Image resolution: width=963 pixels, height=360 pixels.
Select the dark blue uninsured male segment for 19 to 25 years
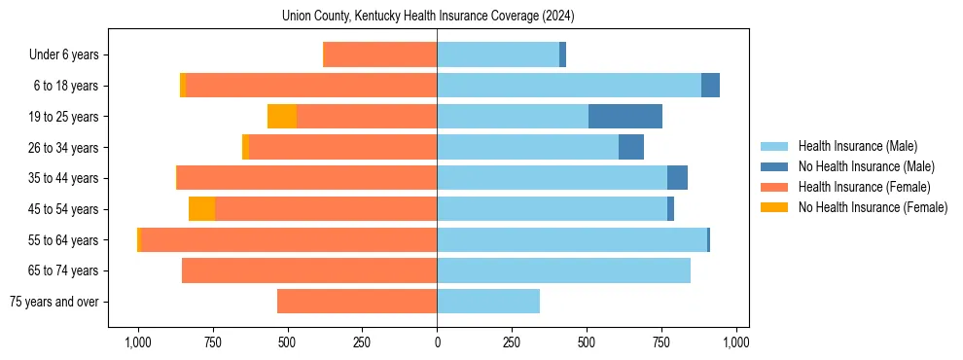click(625, 117)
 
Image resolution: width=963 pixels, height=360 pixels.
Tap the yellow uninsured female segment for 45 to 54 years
click(201, 209)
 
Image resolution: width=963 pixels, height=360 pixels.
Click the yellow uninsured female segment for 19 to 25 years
click(281, 117)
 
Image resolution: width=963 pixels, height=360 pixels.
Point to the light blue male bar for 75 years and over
click(488, 302)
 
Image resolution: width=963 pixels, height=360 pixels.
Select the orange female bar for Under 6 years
click(379, 55)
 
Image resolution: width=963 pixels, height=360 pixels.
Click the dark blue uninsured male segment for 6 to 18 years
click(710, 86)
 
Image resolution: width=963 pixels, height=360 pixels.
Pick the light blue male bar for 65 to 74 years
click(563, 270)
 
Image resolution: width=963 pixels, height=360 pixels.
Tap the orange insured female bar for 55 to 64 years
click(289, 240)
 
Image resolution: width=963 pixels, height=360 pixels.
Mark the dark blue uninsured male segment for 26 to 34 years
click(631, 148)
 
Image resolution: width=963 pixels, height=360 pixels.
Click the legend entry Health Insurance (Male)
click(857, 146)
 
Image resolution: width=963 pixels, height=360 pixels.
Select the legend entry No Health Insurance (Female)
click(873, 207)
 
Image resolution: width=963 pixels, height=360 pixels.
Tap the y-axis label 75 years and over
click(53, 302)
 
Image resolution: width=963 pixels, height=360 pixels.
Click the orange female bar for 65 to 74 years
click(309, 270)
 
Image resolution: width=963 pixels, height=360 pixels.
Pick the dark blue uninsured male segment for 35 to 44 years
click(677, 178)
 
